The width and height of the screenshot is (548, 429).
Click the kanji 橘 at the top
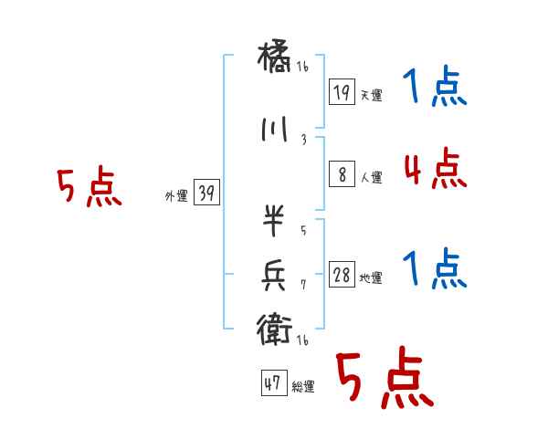coord(276,63)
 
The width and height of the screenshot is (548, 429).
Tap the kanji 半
coord(275,221)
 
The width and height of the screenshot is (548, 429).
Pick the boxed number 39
coord(206,194)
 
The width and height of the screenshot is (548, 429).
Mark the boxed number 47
coord(273,384)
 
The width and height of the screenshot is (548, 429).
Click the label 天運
coord(371,95)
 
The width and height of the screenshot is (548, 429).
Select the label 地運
coord(371,278)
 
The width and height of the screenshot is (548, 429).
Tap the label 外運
coord(175,196)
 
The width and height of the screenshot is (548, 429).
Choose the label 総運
coord(303,387)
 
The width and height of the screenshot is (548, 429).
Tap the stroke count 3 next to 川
coord(304,140)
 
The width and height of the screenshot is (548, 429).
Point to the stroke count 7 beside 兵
coord(304,284)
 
